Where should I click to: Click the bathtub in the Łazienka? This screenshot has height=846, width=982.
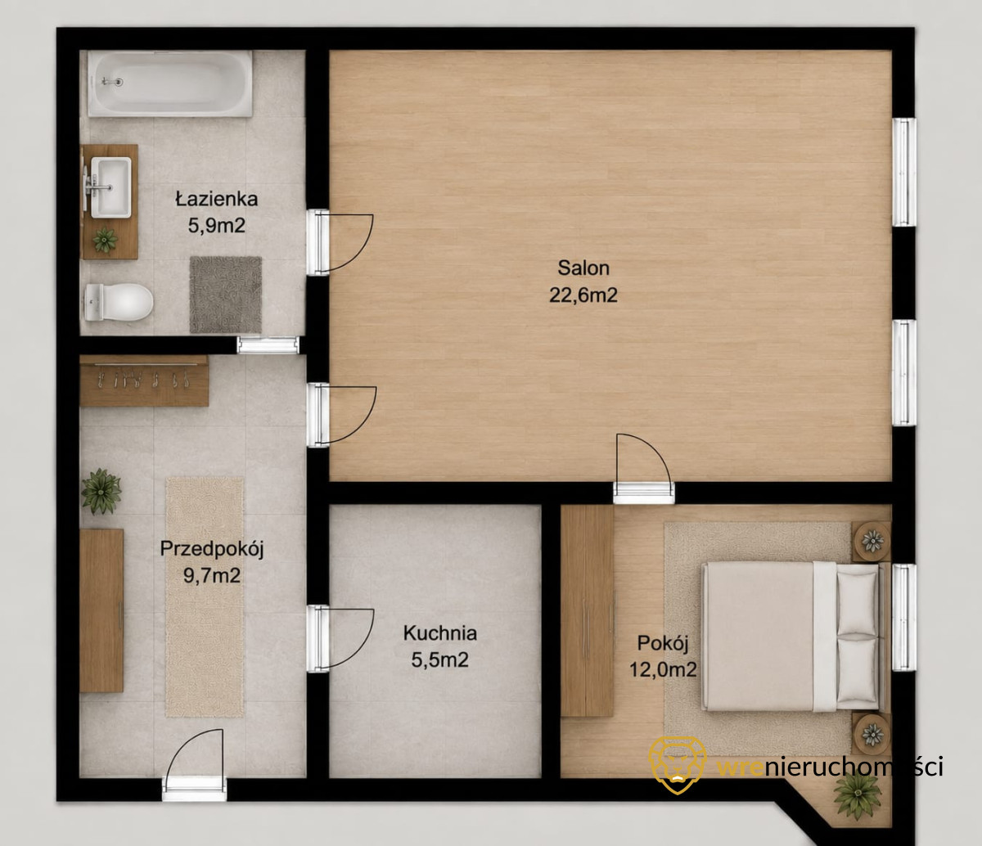170,83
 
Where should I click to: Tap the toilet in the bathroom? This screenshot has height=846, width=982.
119,302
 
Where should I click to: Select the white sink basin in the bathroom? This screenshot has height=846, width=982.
110,187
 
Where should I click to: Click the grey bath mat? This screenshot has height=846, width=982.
226,295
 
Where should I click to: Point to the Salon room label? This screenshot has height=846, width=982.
583,268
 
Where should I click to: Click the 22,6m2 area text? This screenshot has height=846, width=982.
583,295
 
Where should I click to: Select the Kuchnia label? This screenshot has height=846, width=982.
440,632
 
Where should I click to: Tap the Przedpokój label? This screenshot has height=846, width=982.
211,549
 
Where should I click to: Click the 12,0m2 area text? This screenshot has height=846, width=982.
663,669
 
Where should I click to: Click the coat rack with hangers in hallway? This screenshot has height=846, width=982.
144,380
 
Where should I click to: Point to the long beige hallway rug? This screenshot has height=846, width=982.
205,597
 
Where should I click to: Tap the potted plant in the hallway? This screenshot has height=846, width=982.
101,491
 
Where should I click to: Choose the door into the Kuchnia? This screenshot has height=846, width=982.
340,638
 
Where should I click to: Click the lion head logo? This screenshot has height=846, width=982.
678,765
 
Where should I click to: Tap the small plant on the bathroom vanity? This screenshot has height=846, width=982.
105,241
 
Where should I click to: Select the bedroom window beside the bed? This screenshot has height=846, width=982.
904,617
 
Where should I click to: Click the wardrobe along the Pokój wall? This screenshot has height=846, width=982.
588,610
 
